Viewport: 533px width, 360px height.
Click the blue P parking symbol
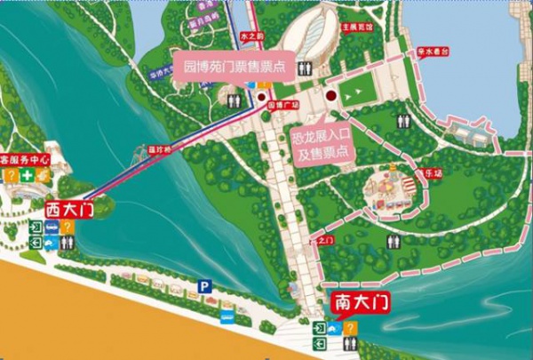click(x=203, y=286)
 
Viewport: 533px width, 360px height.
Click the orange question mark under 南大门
click(x=351, y=328)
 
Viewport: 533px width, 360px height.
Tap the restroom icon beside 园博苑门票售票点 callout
click(x=235, y=101)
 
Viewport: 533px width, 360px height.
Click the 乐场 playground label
click(x=433, y=173)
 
